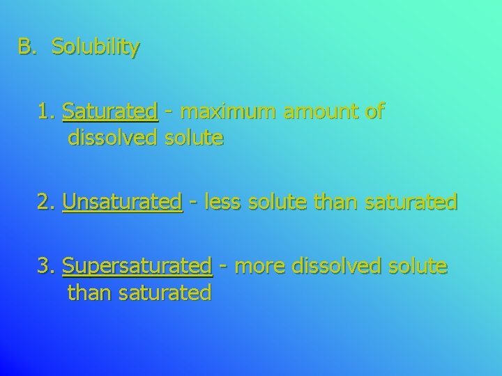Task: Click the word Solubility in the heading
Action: coord(96,47)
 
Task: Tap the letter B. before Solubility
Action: coord(26,47)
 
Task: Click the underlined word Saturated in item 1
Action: coord(110,111)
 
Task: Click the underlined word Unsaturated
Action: coord(122,202)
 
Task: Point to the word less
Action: coord(219,202)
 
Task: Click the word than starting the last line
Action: coord(90,293)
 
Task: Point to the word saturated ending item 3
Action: coord(165,293)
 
